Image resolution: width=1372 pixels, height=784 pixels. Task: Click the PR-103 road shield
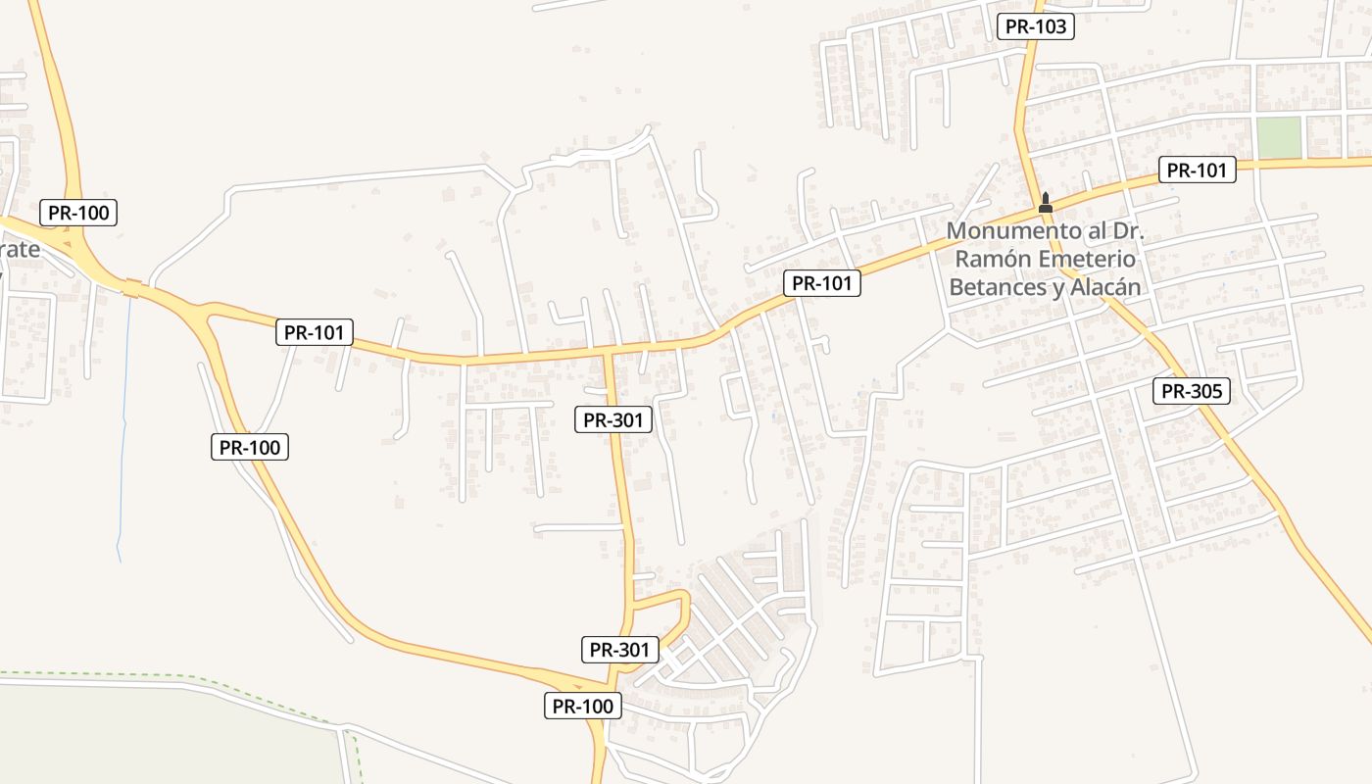point(1036,26)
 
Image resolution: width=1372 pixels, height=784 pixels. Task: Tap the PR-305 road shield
point(1191,392)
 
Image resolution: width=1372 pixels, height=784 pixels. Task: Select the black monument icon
point(1045,203)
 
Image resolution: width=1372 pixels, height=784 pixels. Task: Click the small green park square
point(1279,137)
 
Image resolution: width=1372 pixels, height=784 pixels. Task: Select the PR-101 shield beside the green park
point(1197,170)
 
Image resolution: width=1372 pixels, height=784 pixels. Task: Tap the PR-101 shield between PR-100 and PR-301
point(314,332)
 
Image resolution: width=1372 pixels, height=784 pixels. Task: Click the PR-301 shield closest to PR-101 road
point(612,420)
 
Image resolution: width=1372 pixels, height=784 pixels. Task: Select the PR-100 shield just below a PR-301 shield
point(583,706)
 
